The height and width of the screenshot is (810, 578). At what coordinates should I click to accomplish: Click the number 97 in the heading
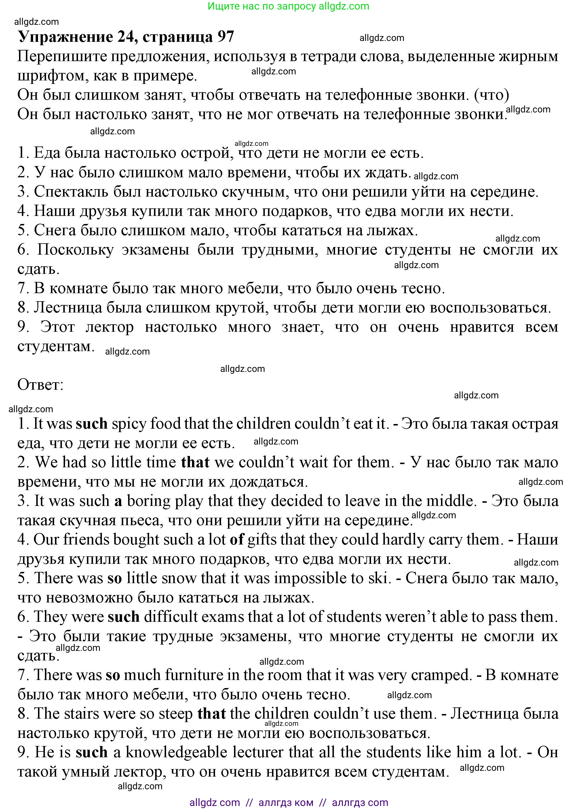tap(225, 37)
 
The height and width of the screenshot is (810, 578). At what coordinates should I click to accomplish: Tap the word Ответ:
tap(40, 385)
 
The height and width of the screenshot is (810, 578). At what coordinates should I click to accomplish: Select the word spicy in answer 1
tap(129, 424)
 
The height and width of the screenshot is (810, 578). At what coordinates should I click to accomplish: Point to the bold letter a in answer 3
tap(118, 501)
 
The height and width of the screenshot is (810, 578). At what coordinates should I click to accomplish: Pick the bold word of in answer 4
tap(237, 540)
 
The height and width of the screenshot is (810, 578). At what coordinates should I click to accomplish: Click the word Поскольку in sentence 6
tap(75, 250)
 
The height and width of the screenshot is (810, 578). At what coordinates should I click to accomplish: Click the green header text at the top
tap(289, 6)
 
